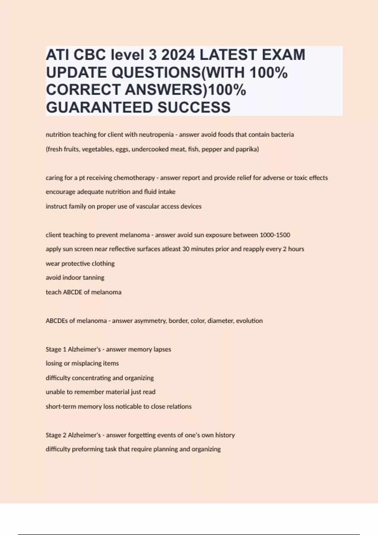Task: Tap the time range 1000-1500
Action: click(275, 235)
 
